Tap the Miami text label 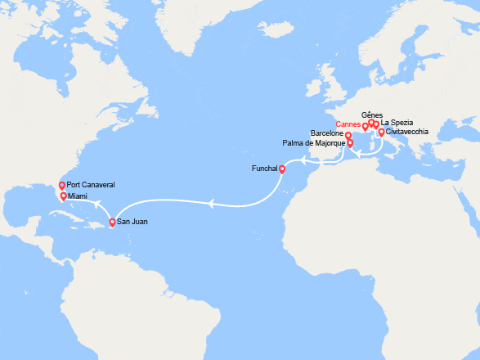(79, 196)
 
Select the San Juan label (132, 221)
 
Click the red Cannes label (348, 125)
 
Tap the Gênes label (371, 115)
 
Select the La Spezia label (397, 123)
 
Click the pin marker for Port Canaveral (61, 187)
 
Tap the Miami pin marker (63, 196)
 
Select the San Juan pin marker (113, 222)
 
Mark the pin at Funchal (281, 170)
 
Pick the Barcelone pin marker (348, 136)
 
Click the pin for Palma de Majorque (351, 143)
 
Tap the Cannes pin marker (365, 127)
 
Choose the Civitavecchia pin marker (381, 132)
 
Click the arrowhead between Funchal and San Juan (211, 205)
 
